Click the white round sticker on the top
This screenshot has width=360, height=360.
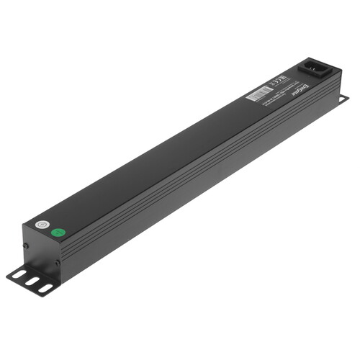click(x=42, y=225)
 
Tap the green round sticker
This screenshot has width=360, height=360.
click(x=60, y=233)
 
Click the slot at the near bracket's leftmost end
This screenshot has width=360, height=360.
click(x=18, y=276)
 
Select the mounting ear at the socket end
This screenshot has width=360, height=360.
click(x=341, y=99)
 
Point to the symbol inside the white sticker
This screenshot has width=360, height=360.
click(x=42, y=225)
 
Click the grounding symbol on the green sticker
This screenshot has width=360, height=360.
click(x=60, y=233)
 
